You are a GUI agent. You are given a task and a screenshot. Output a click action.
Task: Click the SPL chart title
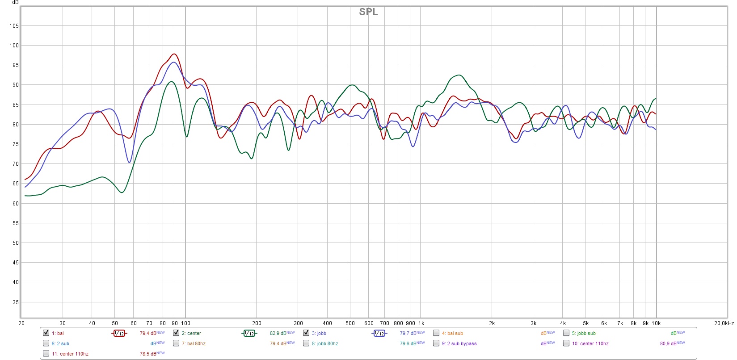(x=368, y=12)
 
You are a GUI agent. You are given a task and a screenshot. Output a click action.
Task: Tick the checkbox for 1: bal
(x=46, y=333)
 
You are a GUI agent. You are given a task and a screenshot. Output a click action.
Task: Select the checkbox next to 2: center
(x=176, y=333)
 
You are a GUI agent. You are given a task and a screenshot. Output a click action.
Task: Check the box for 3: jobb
(x=306, y=333)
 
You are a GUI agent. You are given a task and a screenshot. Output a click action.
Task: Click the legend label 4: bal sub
(x=452, y=333)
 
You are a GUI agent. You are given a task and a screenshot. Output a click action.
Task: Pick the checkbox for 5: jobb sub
(x=566, y=333)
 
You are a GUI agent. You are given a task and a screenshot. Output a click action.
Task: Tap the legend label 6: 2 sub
(x=60, y=343)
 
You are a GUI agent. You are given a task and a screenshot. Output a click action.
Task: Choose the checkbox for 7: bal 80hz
(x=176, y=343)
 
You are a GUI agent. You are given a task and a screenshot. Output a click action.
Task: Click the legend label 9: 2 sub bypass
(x=459, y=343)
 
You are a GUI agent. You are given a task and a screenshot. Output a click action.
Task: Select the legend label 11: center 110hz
(x=70, y=354)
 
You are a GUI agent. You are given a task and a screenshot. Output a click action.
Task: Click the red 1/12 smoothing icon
(x=119, y=333)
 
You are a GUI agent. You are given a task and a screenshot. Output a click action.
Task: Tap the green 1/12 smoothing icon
(x=249, y=333)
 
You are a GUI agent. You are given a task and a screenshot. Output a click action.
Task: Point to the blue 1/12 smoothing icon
(x=379, y=333)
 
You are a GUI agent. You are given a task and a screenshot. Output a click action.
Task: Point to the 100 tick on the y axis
(x=14, y=46)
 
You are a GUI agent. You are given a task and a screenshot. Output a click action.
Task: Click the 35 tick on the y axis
(x=16, y=302)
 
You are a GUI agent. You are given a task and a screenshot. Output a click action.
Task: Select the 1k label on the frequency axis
(x=421, y=323)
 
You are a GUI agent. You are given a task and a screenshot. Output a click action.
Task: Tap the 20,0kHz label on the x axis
(x=724, y=323)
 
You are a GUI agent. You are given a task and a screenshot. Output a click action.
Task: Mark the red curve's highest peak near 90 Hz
(x=174, y=54)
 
